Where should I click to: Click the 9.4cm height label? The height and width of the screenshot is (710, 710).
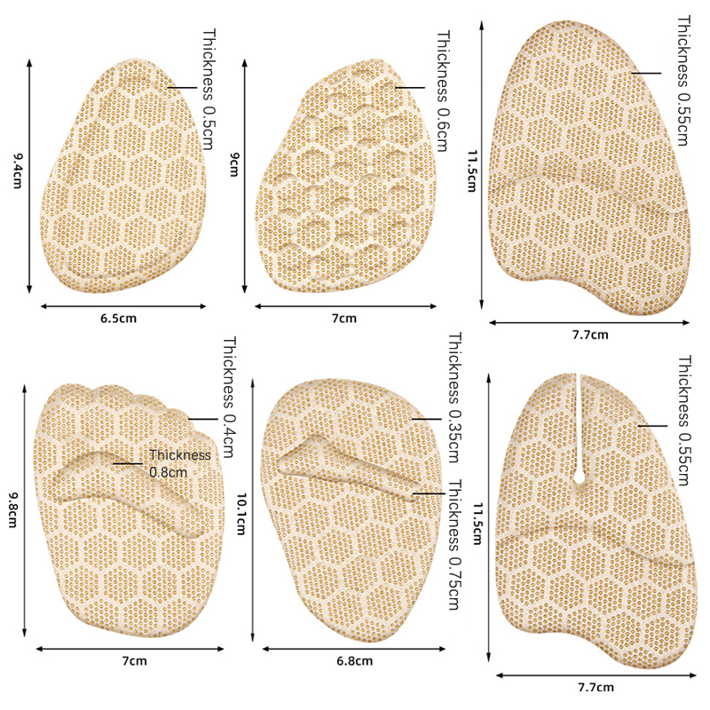point(16,170)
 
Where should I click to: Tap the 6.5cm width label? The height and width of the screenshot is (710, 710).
point(120,317)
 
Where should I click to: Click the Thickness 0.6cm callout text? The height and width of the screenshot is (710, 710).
point(443,90)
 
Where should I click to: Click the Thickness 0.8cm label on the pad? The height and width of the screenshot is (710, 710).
point(180,463)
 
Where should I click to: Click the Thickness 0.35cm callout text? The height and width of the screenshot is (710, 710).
point(454,398)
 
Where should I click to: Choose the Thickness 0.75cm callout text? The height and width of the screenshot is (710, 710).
point(454,545)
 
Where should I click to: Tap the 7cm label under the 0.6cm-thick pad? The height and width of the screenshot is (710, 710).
point(343,317)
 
